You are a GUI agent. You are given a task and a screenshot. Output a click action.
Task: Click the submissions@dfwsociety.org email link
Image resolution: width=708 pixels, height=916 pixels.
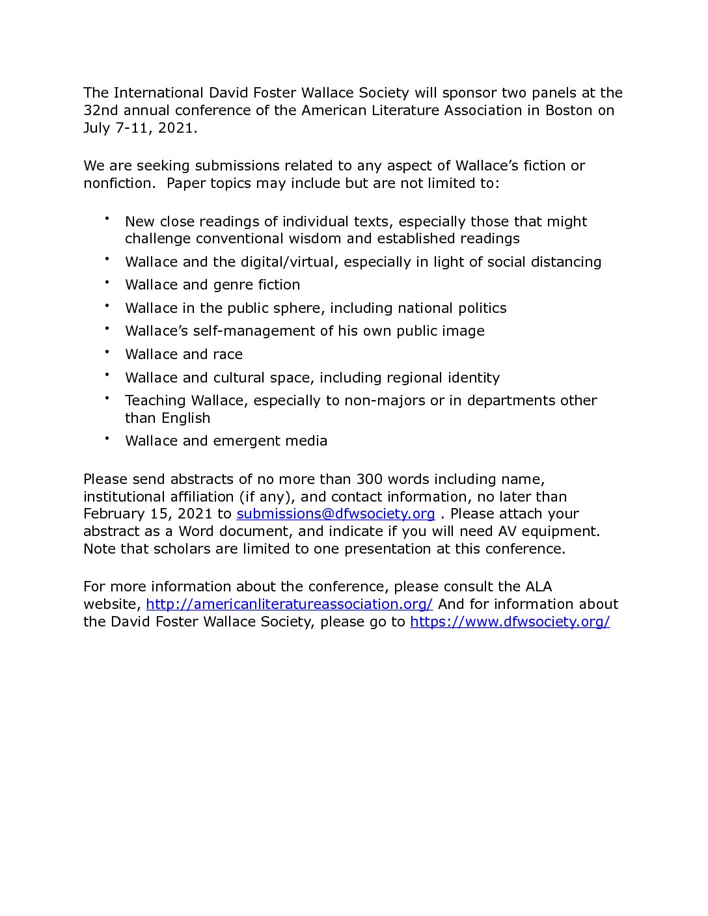335,514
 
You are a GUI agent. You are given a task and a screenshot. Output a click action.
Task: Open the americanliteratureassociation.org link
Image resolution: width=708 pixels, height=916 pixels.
289,604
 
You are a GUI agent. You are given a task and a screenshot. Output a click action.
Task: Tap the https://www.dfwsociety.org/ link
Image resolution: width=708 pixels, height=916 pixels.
510,622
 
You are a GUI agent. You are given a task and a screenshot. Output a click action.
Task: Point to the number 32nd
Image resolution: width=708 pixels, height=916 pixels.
100,111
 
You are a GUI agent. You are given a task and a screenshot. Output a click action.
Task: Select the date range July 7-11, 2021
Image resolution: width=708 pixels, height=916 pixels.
139,128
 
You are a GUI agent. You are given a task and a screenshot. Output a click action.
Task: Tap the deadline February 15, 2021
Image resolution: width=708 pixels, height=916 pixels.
148,514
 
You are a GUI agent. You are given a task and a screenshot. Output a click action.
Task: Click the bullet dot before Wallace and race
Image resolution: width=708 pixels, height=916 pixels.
107,352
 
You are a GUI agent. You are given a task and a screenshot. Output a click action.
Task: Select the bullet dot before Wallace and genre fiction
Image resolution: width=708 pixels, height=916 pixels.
107,282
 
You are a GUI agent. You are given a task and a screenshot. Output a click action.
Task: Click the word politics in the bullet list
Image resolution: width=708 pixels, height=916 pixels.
482,308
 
